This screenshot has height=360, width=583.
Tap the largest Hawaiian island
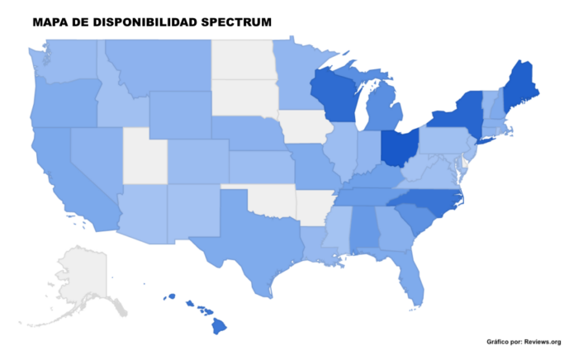click(x=219, y=326)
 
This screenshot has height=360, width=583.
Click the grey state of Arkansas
click(x=312, y=206)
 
